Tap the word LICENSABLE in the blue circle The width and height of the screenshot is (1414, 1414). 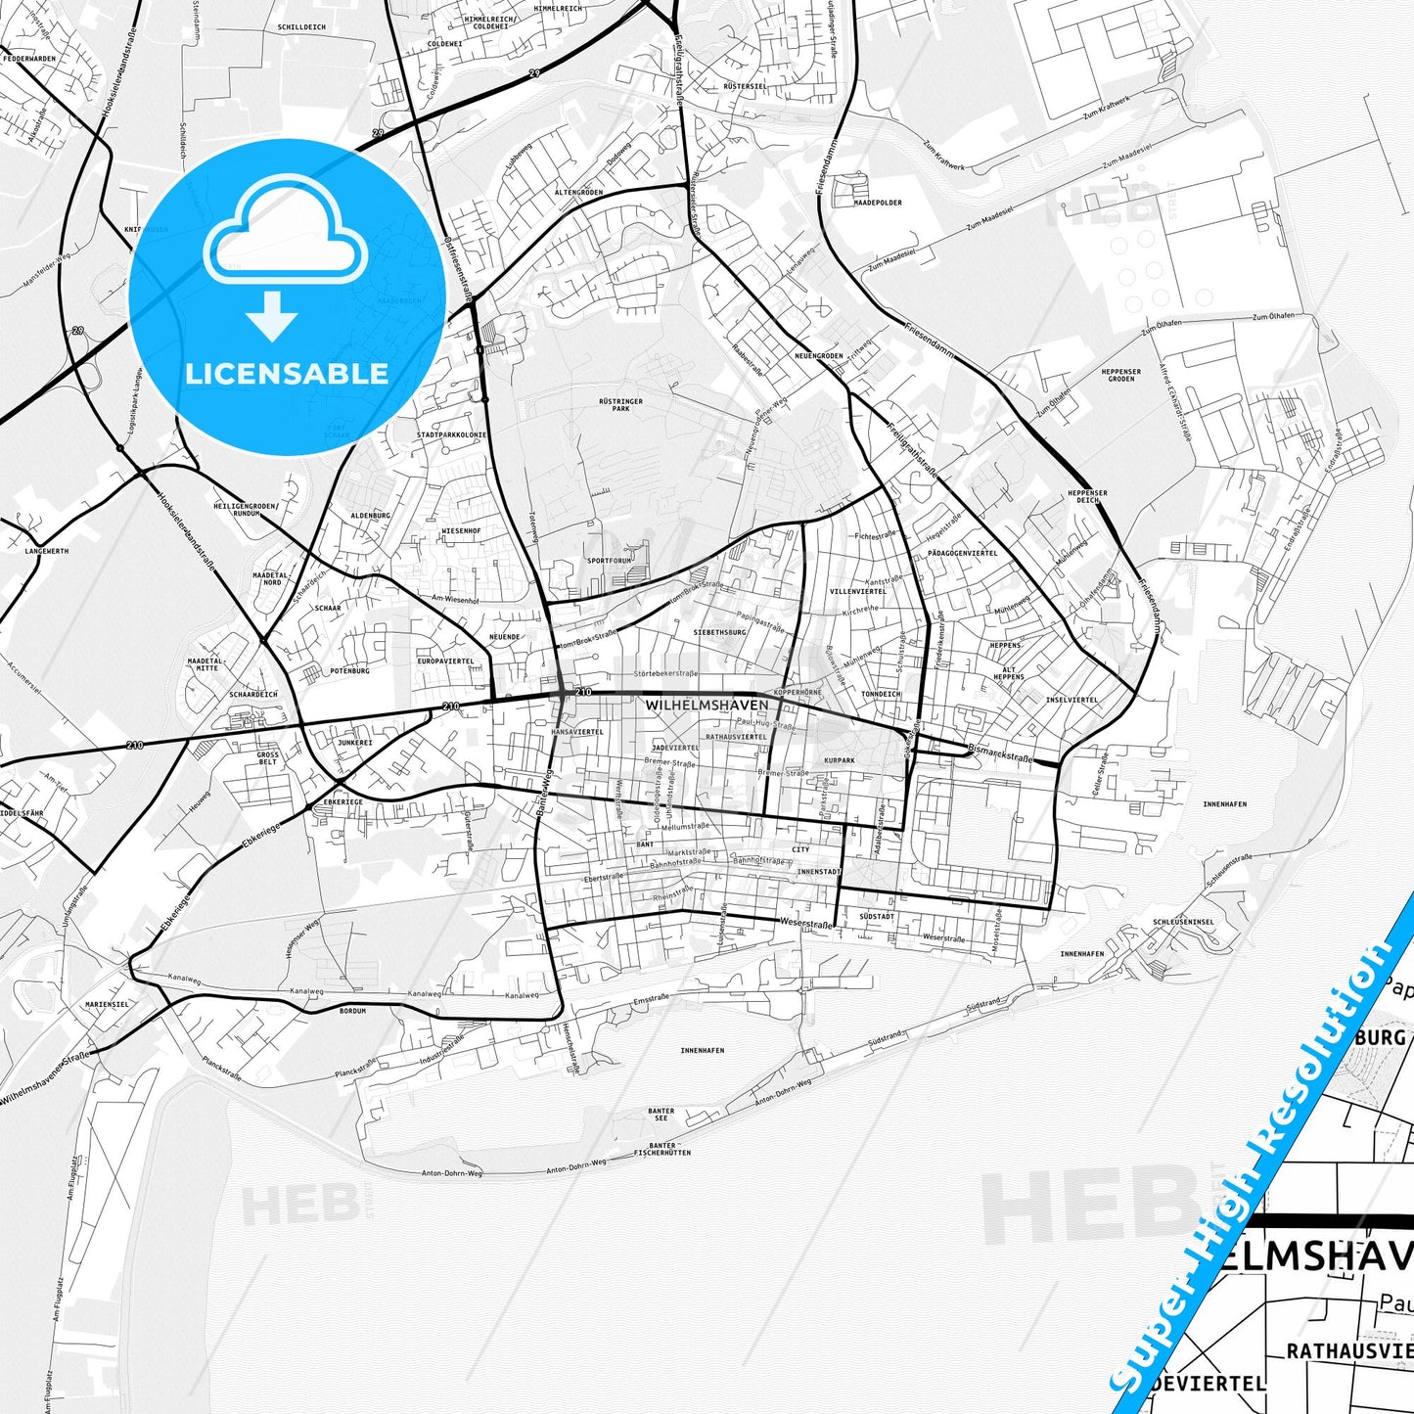(287, 374)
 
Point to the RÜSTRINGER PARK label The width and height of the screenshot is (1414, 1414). (620, 404)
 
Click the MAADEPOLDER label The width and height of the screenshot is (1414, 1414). (877, 203)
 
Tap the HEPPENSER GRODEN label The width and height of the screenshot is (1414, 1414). (1120, 375)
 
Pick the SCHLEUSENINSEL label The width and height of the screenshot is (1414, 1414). (1183, 922)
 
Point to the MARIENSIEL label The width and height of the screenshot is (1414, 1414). (107, 1004)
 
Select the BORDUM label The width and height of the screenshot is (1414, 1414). (352, 1010)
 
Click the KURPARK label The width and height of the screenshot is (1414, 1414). (839, 760)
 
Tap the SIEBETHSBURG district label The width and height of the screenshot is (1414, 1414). (719, 632)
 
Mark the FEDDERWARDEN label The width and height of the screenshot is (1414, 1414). (28, 59)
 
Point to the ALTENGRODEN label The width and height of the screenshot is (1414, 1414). (578, 193)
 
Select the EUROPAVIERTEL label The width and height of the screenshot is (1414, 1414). (445, 661)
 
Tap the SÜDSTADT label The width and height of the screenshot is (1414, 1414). (876, 917)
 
